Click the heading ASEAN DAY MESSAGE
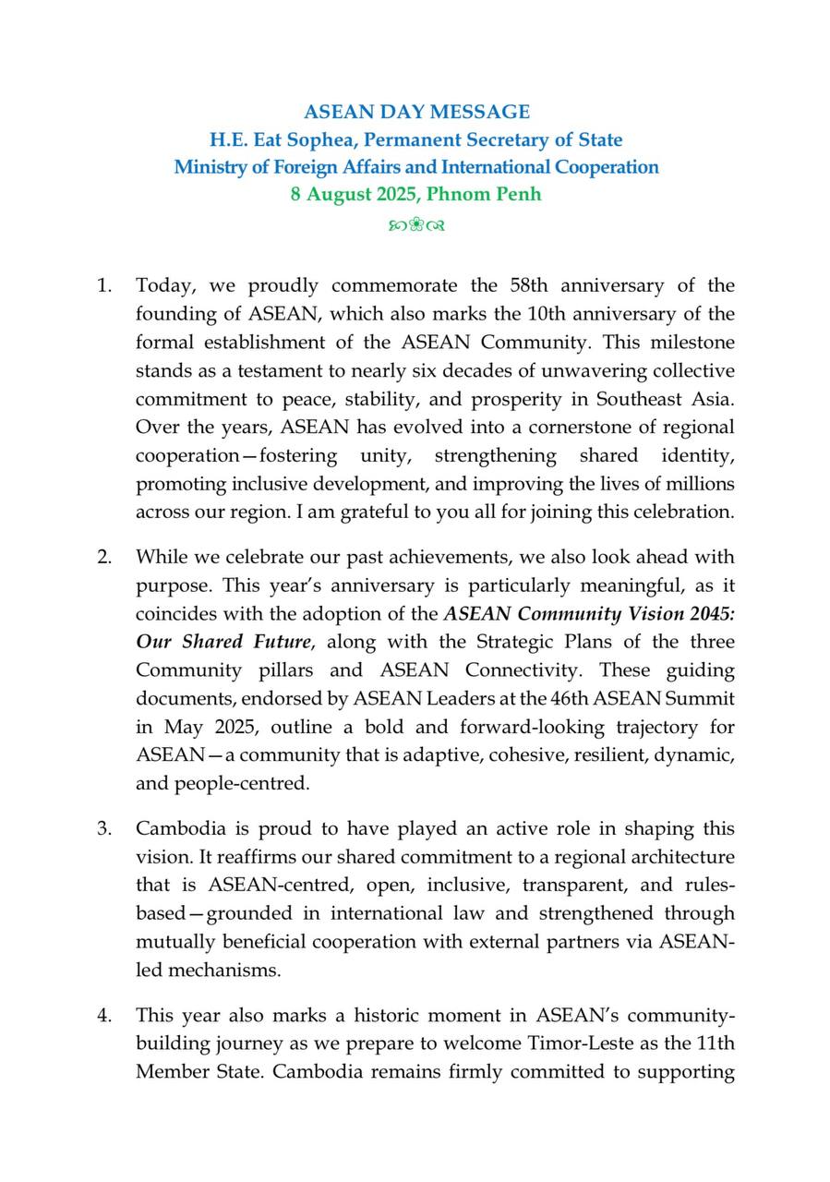coord(416,112)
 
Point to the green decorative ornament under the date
coord(416,224)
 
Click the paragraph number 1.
coord(103,285)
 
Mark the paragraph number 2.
coord(104,557)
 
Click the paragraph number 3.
coord(104,828)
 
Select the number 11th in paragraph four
coord(713,1044)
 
